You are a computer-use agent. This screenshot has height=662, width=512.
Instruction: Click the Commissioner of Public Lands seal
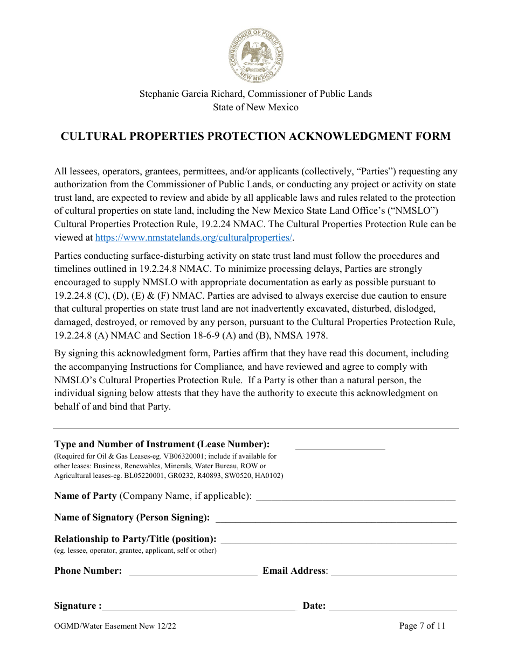[x=255, y=55]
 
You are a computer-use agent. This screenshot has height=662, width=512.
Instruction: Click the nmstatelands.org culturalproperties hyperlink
[x=195, y=237]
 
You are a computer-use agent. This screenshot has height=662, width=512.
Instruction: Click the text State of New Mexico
[x=255, y=107]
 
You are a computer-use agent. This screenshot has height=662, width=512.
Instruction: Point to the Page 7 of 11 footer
[x=422, y=626]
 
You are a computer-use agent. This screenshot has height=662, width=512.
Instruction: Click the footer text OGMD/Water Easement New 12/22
[x=115, y=626]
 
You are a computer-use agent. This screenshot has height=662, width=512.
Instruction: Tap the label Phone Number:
[x=88, y=571]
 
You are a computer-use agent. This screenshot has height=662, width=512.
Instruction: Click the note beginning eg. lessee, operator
[x=135, y=551]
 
